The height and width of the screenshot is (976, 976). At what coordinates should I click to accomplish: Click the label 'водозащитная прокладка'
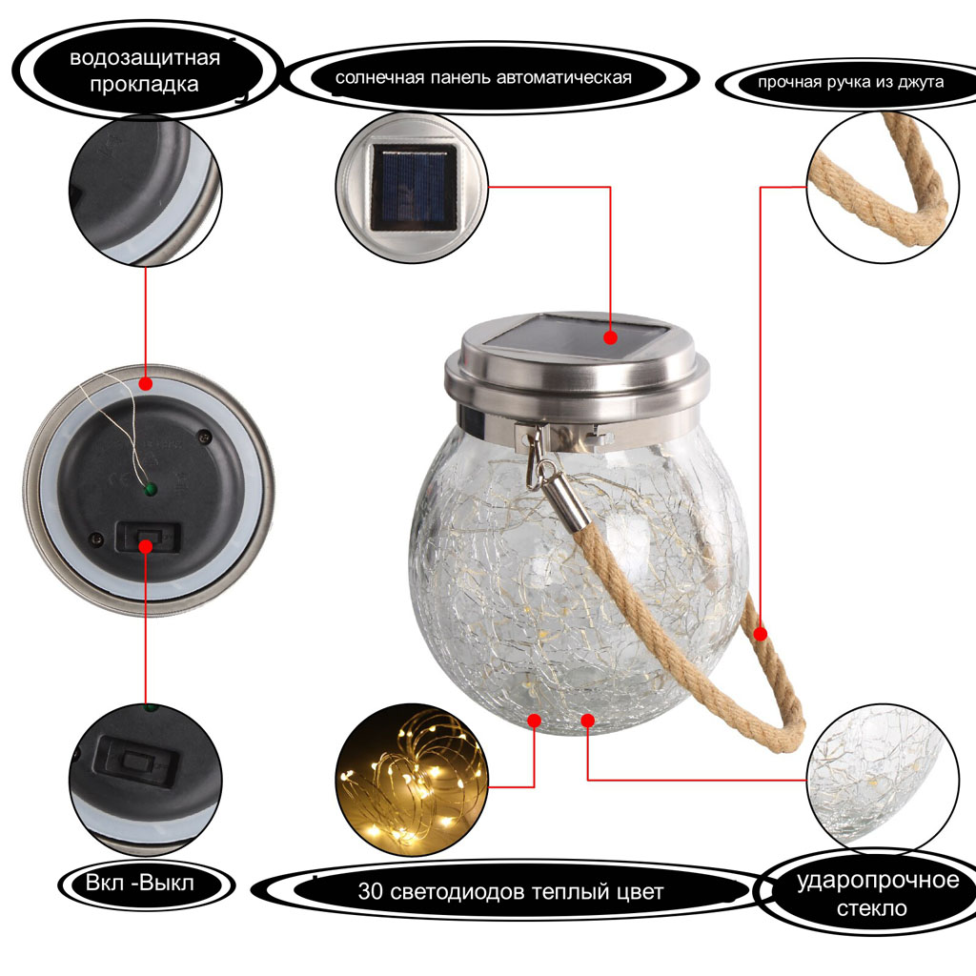click(145, 71)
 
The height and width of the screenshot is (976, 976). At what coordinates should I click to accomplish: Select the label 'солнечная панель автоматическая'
click(483, 78)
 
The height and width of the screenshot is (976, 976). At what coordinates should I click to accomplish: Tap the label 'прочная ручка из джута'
click(850, 82)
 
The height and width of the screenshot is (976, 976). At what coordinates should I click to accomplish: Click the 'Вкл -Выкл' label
click(140, 883)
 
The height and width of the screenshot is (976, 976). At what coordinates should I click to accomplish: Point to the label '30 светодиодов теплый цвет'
click(511, 891)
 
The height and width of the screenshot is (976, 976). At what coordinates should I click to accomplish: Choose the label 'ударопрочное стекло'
click(878, 894)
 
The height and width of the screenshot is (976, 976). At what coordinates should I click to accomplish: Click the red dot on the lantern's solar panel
click(611, 337)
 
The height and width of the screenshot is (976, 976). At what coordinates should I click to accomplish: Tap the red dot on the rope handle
click(761, 634)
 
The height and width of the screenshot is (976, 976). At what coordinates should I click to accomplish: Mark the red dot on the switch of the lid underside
click(146, 546)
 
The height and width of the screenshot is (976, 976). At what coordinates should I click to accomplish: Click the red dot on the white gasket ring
click(146, 383)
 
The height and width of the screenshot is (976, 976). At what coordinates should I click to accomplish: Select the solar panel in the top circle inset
click(414, 188)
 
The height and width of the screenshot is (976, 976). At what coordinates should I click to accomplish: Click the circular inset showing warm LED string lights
click(412, 780)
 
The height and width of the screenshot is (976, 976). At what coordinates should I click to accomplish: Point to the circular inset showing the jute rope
click(883, 187)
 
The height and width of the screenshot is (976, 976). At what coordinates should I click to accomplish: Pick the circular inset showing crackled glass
click(883, 778)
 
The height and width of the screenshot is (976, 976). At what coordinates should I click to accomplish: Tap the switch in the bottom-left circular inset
click(137, 762)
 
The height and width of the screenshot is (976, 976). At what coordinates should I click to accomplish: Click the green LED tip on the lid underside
click(150, 490)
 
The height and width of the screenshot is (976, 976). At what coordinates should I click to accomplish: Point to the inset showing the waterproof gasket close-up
click(145, 190)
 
